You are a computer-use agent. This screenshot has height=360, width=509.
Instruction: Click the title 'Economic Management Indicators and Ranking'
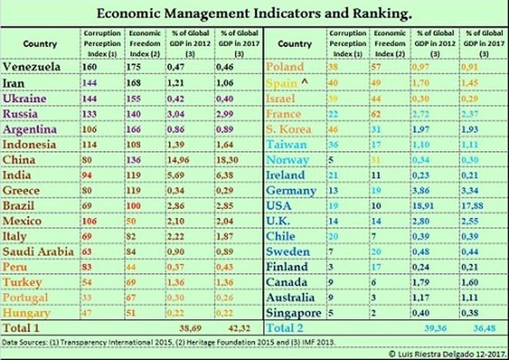tap(254, 14)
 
